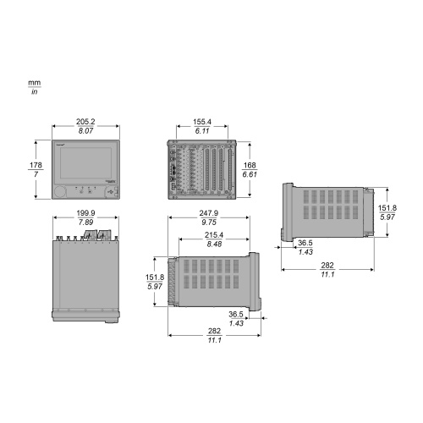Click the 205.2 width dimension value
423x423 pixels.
tap(85, 122)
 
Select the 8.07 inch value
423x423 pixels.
tap(85, 131)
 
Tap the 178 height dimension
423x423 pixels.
tap(36, 165)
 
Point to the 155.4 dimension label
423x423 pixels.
tap(202, 122)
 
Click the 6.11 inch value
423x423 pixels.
tap(202, 131)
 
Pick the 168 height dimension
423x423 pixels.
tap(250, 165)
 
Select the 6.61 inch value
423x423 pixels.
tap(250, 174)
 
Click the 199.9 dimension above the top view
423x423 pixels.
tap(85, 213)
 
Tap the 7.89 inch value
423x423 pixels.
tap(85, 222)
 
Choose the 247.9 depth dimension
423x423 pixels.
tap(209, 213)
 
